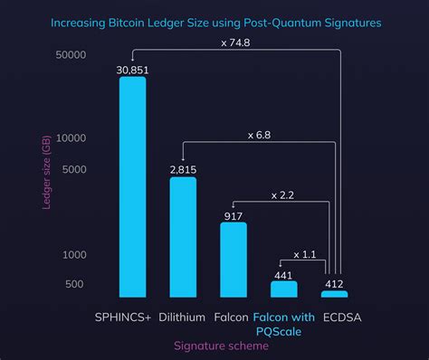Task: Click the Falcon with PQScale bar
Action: [284, 289]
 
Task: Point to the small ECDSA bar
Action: [334, 294]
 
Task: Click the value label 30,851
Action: [133, 69]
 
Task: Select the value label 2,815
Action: [183, 169]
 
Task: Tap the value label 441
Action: [284, 274]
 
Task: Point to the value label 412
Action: [334, 283]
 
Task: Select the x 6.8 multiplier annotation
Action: [259, 135]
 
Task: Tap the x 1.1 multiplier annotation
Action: [304, 254]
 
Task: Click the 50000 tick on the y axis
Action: [71, 55]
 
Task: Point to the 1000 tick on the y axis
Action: [76, 256]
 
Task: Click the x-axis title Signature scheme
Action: [214, 345]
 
